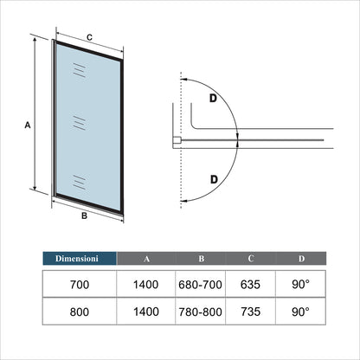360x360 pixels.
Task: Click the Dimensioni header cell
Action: coord(80,258)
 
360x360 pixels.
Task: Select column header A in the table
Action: coord(146,259)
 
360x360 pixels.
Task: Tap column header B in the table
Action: coord(202,259)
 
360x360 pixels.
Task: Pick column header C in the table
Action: coord(251,258)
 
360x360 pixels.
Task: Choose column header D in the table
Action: coord(301,259)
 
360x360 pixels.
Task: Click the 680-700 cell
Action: coord(200,285)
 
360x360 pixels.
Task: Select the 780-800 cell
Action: coord(200,312)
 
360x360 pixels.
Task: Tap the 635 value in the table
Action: coord(250,285)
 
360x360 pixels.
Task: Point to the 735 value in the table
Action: coord(250,312)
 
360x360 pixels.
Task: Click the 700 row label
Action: coord(80,285)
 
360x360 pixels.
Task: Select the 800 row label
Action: coord(80,312)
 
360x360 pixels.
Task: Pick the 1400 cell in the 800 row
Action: coord(146,312)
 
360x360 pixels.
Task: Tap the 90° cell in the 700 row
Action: coord(300,285)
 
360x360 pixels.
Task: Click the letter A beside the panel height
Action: coord(28,125)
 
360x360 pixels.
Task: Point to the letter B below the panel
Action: coord(84,215)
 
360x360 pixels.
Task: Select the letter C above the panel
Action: coord(89,37)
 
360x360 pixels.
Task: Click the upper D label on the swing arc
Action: coord(213,99)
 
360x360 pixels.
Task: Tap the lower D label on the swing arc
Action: coord(214,179)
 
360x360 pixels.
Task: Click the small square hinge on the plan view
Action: coord(177,140)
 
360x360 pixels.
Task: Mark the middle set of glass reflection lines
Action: coord(80,123)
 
